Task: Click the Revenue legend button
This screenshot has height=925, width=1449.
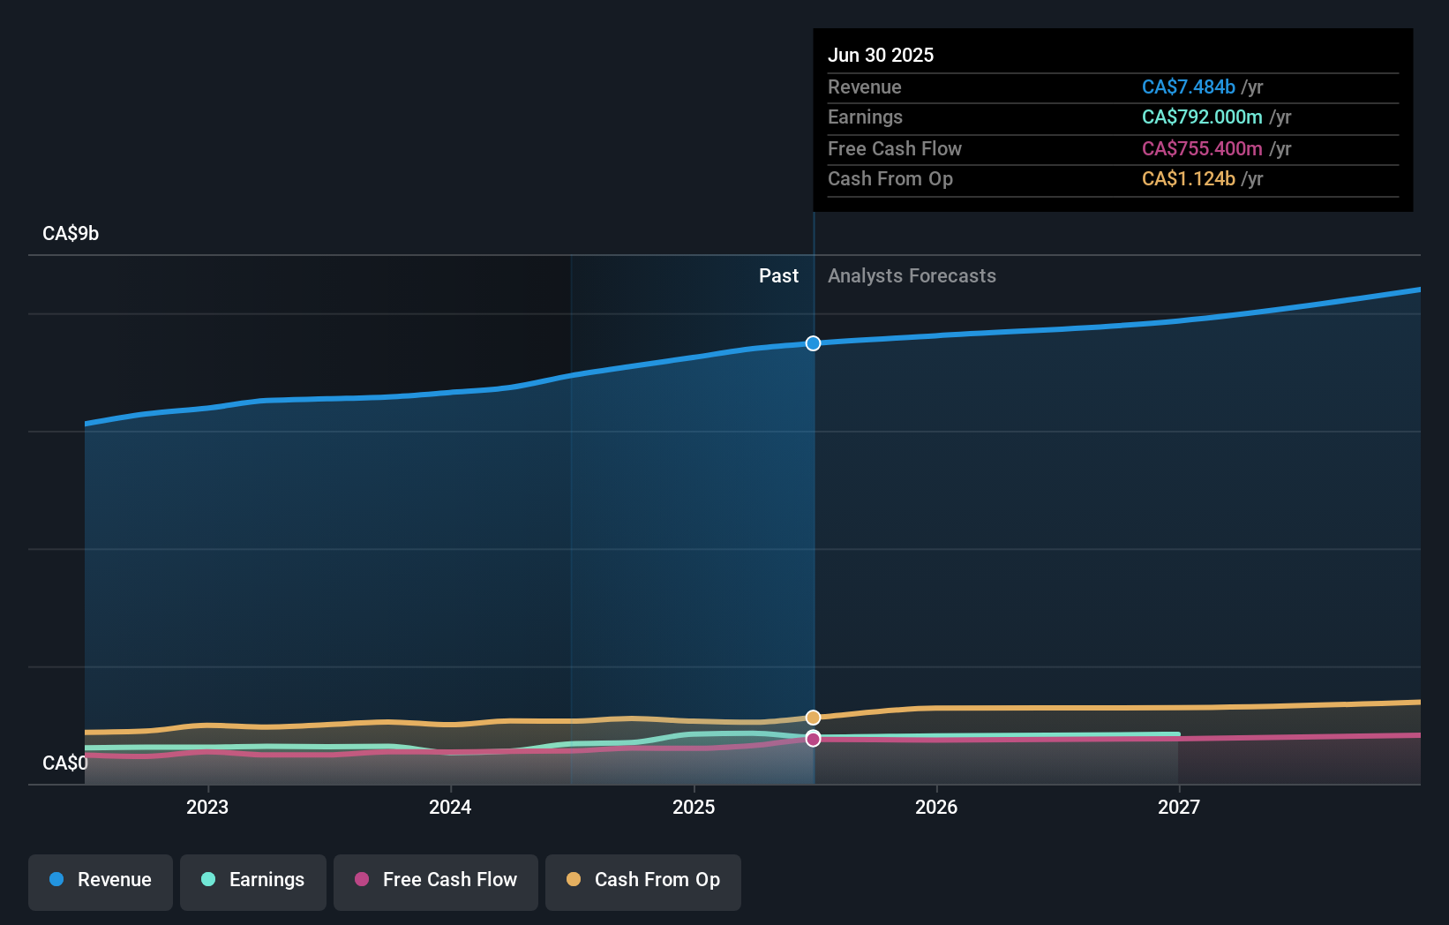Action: click(101, 880)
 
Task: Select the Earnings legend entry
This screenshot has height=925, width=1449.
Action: click(253, 880)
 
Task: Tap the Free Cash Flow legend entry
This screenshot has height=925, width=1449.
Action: click(436, 880)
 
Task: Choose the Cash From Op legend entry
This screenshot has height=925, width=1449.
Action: click(643, 880)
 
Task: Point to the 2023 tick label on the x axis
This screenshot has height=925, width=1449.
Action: click(207, 808)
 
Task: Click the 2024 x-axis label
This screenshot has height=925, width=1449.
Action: click(450, 808)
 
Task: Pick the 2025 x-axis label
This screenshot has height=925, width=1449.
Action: click(694, 808)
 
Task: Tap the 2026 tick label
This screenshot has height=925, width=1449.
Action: click(936, 808)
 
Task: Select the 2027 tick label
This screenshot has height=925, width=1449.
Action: click(1179, 808)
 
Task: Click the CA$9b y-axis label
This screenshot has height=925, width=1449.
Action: click(71, 234)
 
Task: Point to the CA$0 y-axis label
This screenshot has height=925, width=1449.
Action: click(65, 763)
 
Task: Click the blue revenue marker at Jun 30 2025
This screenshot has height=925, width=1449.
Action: click(813, 343)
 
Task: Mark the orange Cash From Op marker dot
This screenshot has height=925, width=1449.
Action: click(813, 718)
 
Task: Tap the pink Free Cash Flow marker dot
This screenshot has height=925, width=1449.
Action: click(813, 739)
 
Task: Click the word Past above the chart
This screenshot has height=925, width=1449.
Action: click(778, 276)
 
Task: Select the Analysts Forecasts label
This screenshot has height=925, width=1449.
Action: click(912, 276)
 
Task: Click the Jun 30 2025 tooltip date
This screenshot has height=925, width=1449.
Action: click(880, 56)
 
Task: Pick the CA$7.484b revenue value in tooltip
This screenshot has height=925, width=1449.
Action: click(1188, 87)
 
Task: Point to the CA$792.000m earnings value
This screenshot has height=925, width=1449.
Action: click(1201, 117)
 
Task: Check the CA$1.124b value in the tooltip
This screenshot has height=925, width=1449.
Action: click(1188, 179)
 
